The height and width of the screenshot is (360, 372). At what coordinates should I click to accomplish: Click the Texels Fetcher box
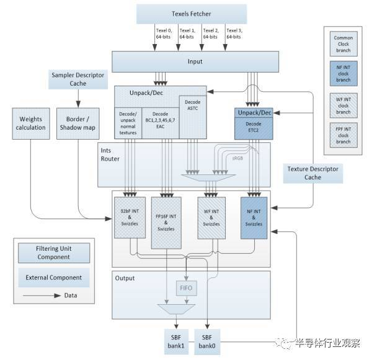tap(191, 14)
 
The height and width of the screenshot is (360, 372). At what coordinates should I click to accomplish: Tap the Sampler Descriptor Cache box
tap(78, 79)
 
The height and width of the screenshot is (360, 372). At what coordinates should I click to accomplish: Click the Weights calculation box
tap(30, 123)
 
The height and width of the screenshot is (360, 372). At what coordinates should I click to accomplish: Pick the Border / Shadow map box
tap(78, 123)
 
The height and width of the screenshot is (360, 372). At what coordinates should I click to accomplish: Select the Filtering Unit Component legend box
tap(53, 253)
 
